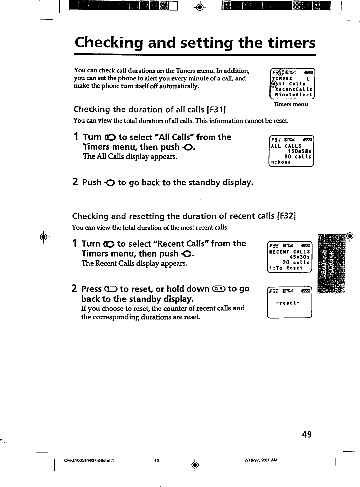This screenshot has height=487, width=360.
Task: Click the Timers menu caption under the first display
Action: [x=290, y=104]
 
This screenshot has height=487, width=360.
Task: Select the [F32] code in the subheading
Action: [x=285, y=216]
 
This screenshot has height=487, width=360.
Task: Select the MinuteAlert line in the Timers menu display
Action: [x=293, y=95]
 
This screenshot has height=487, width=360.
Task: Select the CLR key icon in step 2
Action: [x=218, y=289]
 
